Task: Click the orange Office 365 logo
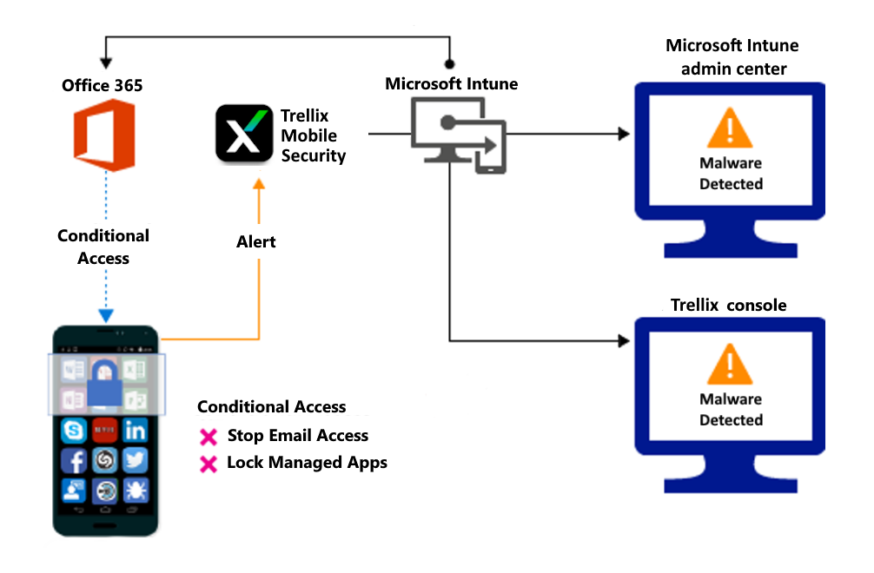[x=103, y=135]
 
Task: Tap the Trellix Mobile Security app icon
[x=244, y=133]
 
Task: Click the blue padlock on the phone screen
[x=104, y=382]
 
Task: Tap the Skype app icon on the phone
[x=73, y=430]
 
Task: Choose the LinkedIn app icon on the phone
[x=136, y=430]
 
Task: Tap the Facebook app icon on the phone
[x=73, y=460]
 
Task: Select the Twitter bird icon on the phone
[x=136, y=460]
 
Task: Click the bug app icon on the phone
[x=136, y=491]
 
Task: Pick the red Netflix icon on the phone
[x=104, y=429]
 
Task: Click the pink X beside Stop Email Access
[x=209, y=437]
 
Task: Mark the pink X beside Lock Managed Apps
[x=209, y=464]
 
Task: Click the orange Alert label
[x=256, y=242]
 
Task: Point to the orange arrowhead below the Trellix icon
[x=258, y=184]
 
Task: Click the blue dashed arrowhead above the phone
[x=105, y=316]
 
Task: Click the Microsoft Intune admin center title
[x=732, y=56]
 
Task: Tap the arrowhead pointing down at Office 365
[x=106, y=63]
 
